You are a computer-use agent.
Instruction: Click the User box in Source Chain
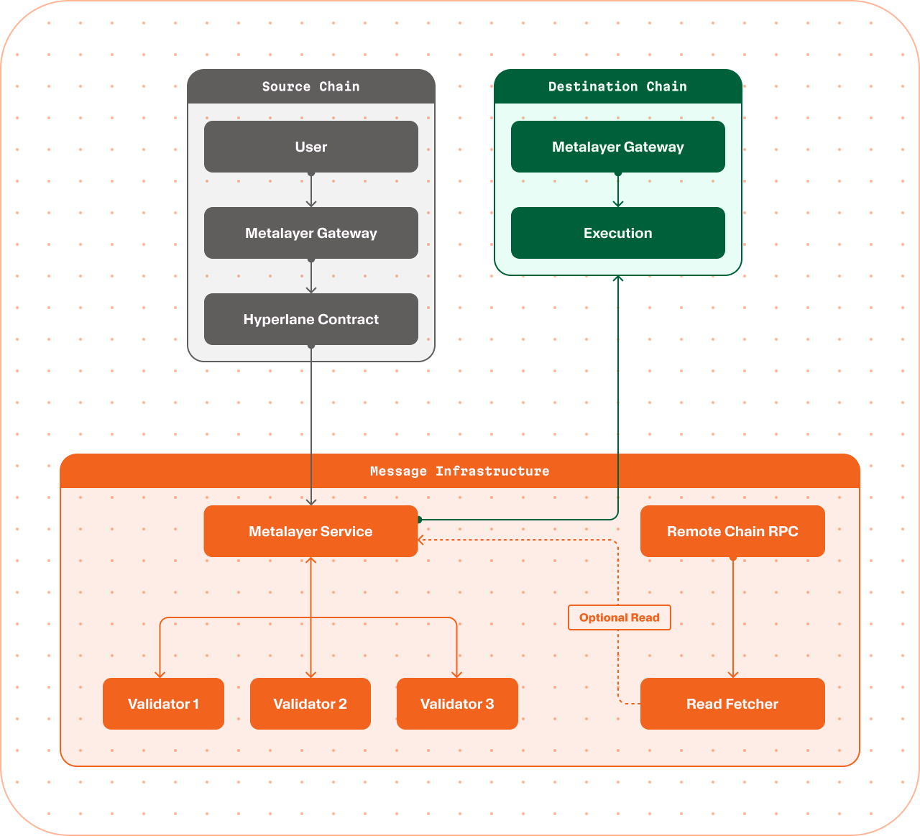311,147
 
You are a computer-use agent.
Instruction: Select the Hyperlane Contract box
311,319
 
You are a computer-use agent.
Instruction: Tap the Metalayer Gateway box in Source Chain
311,233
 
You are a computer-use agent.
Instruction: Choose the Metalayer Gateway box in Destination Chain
618,147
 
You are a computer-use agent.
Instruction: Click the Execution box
618,233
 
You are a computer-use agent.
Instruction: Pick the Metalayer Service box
310,531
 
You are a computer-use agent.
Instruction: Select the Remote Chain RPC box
732,531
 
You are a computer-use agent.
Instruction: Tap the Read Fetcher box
732,704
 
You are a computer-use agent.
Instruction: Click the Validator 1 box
163,704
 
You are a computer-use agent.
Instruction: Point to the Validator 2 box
310,704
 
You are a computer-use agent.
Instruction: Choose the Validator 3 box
457,704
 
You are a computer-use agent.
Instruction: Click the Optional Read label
619,617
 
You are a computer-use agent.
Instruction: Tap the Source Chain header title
311,86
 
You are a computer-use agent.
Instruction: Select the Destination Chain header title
618,86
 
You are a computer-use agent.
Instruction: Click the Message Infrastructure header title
459,472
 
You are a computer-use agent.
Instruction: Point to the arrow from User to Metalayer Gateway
311,190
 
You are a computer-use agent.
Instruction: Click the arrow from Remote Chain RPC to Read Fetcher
733,617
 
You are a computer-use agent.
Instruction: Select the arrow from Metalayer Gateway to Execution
618,190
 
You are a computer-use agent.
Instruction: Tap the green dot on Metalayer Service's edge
419,520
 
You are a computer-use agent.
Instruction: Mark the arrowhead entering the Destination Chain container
618,278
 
